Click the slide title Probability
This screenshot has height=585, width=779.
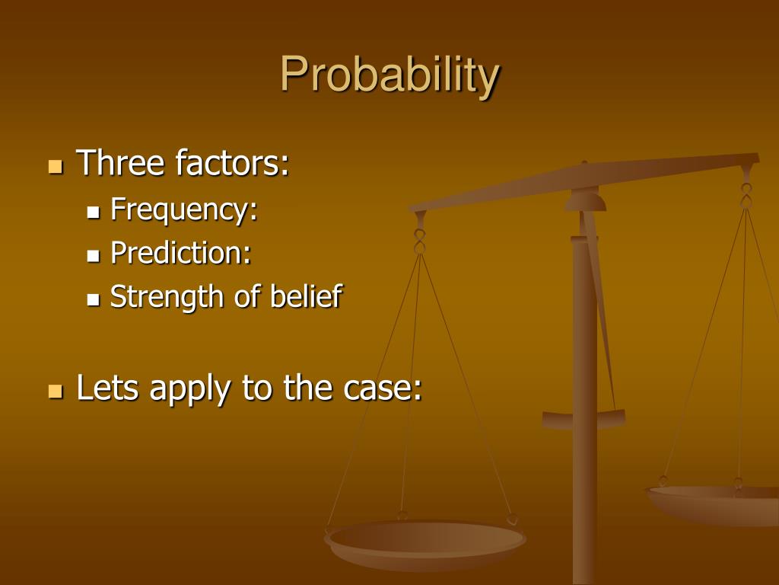(x=389, y=75)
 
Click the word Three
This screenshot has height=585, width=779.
(x=121, y=163)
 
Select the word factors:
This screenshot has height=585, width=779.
(x=232, y=163)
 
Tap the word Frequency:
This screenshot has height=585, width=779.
(x=184, y=209)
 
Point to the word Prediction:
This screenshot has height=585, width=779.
(x=181, y=252)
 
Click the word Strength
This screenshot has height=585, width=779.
(x=167, y=296)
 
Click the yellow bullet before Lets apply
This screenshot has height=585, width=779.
(x=55, y=392)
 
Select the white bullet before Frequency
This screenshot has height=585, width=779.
(x=94, y=212)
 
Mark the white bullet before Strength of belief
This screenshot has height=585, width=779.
(x=94, y=299)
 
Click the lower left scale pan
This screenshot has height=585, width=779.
(x=424, y=543)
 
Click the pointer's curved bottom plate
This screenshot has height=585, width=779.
(x=583, y=419)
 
